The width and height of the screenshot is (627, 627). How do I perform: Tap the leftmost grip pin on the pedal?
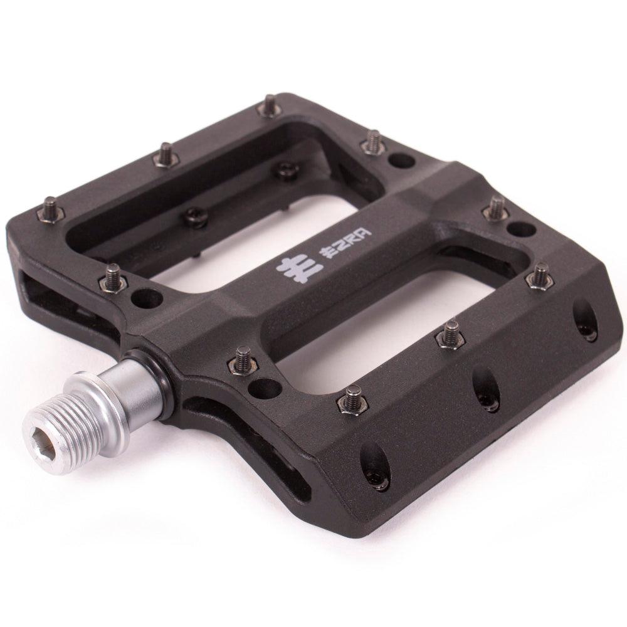(x=51, y=209)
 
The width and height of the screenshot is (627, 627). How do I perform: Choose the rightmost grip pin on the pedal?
(x=541, y=276)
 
